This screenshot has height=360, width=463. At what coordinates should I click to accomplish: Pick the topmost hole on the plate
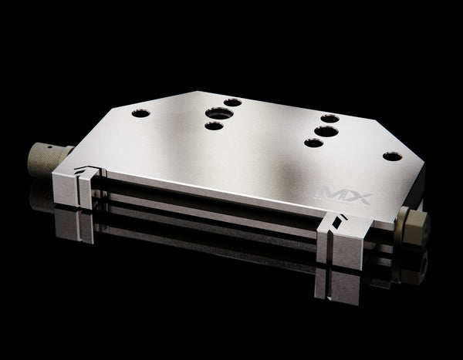pos(232,102)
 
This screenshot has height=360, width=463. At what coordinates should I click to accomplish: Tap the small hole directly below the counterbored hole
pos(214,126)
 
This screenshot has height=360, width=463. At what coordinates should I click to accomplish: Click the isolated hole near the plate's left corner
pos(140,113)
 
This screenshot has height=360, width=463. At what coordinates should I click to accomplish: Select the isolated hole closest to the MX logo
pos(392,156)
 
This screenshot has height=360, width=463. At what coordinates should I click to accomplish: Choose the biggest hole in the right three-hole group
pos(326,131)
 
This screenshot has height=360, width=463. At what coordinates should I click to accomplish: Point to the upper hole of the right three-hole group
pos(330,118)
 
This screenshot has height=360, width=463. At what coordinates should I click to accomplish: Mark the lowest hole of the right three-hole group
pos(313,143)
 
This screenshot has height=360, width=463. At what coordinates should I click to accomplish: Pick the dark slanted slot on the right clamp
pos(336,221)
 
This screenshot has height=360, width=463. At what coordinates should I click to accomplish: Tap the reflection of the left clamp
pos(77,224)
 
